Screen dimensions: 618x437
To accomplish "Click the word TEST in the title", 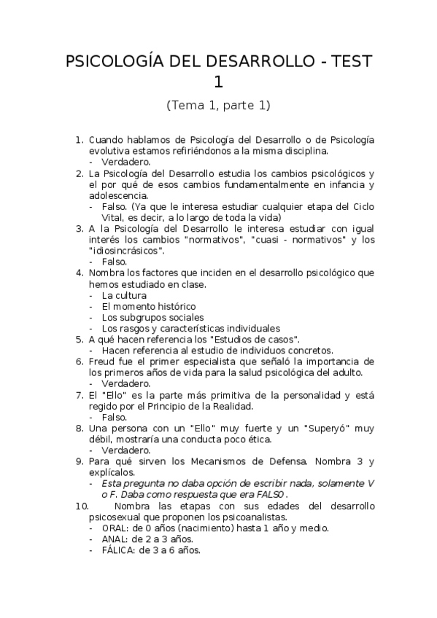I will (349, 62).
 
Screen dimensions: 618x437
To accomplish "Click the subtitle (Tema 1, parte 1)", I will (218, 105).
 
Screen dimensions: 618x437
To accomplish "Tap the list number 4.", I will (80, 273).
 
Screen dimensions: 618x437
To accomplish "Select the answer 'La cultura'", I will (124, 295).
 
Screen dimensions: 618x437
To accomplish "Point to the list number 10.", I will (82, 506).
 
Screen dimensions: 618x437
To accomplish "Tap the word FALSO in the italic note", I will (273, 493).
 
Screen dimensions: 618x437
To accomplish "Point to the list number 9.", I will (80, 461).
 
